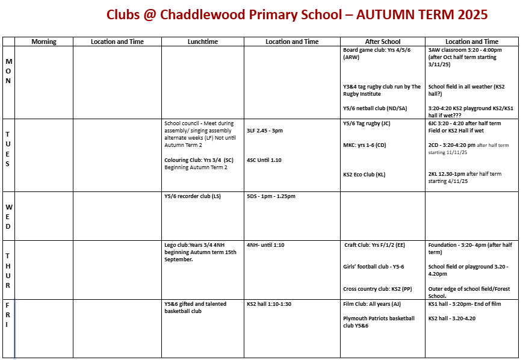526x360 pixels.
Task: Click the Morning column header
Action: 44,42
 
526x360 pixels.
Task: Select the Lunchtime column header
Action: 202,42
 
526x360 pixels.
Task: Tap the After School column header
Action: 383,42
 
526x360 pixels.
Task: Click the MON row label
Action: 8,71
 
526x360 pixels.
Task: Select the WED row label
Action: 8,217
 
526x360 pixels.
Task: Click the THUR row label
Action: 8,270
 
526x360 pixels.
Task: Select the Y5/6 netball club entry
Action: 375,108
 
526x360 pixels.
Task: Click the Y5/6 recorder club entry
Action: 193,196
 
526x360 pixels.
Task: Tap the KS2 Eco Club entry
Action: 364,175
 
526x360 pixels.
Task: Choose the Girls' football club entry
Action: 374,267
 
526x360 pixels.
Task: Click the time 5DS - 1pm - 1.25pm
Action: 271,196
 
